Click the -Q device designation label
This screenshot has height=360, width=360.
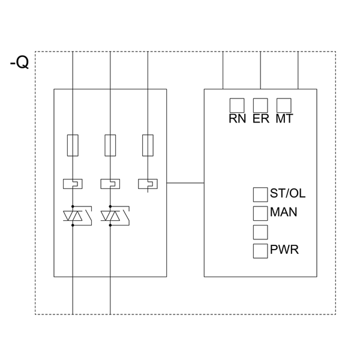tap(19, 62)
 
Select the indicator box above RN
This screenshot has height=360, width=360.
tap(237, 105)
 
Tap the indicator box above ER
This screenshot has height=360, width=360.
tap(260, 105)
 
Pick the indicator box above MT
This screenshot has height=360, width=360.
tap(284, 105)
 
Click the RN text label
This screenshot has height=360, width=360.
tap(237, 119)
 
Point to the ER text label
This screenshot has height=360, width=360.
tap(260, 119)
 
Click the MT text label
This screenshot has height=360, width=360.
tap(284, 119)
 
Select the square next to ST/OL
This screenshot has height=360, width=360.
tap(260, 194)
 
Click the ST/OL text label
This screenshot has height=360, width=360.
tap(287, 193)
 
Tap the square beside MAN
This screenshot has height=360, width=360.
tap(260, 213)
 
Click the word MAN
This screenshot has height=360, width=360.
tap(283, 212)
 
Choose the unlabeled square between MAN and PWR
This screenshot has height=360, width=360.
tap(260, 232)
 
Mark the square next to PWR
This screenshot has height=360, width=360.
tap(260, 251)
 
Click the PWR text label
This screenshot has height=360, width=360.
tap(284, 250)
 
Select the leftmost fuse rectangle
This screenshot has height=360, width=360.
tap(73, 145)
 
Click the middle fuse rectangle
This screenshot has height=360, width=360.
tap(110, 145)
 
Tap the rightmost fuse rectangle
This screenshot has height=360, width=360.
tap(148, 145)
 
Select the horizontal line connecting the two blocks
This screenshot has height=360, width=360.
tap(185, 182)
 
